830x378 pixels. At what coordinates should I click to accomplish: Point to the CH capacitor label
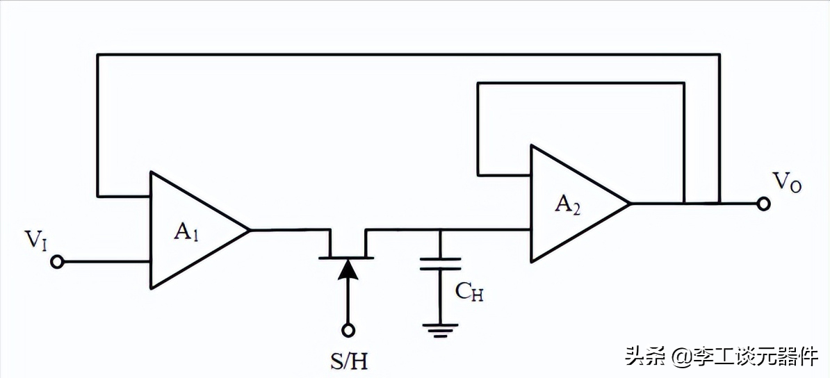[469, 292]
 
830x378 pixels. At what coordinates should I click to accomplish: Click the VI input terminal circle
[58, 262]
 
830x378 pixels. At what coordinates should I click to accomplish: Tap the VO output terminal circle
[763, 204]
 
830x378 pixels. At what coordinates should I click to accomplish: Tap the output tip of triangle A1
[249, 230]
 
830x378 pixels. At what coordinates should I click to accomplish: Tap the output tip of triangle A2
[629, 204]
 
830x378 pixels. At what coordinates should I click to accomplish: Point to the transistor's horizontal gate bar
[346, 258]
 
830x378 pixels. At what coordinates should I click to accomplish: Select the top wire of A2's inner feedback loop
[580, 83]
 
